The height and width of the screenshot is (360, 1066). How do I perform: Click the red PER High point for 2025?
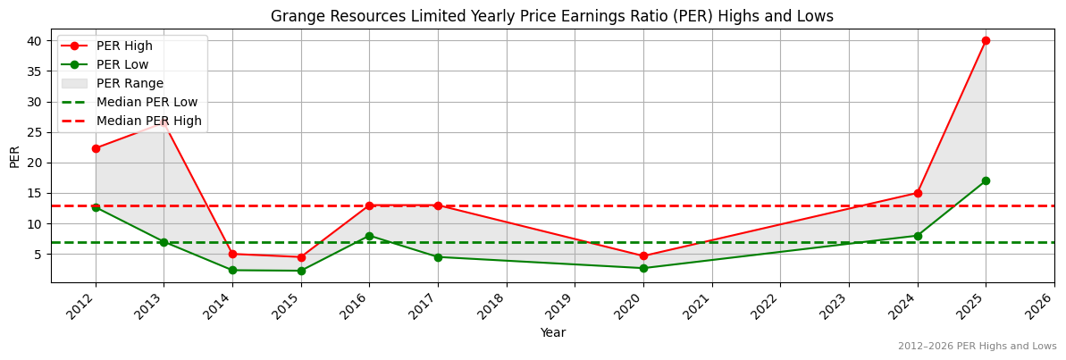[x=986, y=40]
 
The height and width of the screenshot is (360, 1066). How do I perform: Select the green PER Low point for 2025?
[x=986, y=180]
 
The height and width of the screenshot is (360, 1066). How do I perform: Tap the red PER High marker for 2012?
[x=96, y=148]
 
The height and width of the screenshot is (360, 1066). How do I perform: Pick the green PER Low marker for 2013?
[x=164, y=242]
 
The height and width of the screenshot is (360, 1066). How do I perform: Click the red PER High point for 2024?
[x=918, y=193]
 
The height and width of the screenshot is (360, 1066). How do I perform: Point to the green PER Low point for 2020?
[x=643, y=268]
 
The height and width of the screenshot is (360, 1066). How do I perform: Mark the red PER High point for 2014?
[x=232, y=254]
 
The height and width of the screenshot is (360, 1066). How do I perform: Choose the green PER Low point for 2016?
[x=369, y=236]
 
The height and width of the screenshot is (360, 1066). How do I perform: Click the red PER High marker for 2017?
[x=438, y=205]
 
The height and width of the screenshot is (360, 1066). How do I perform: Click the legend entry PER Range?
[x=130, y=83]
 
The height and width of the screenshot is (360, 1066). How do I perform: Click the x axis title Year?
[x=552, y=332]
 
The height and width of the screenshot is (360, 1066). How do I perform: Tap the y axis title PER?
[x=14, y=156]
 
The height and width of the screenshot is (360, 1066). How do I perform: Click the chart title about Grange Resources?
[x=552, y=16]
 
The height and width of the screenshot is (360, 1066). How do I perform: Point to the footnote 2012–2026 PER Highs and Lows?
[x=977, y=346]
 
